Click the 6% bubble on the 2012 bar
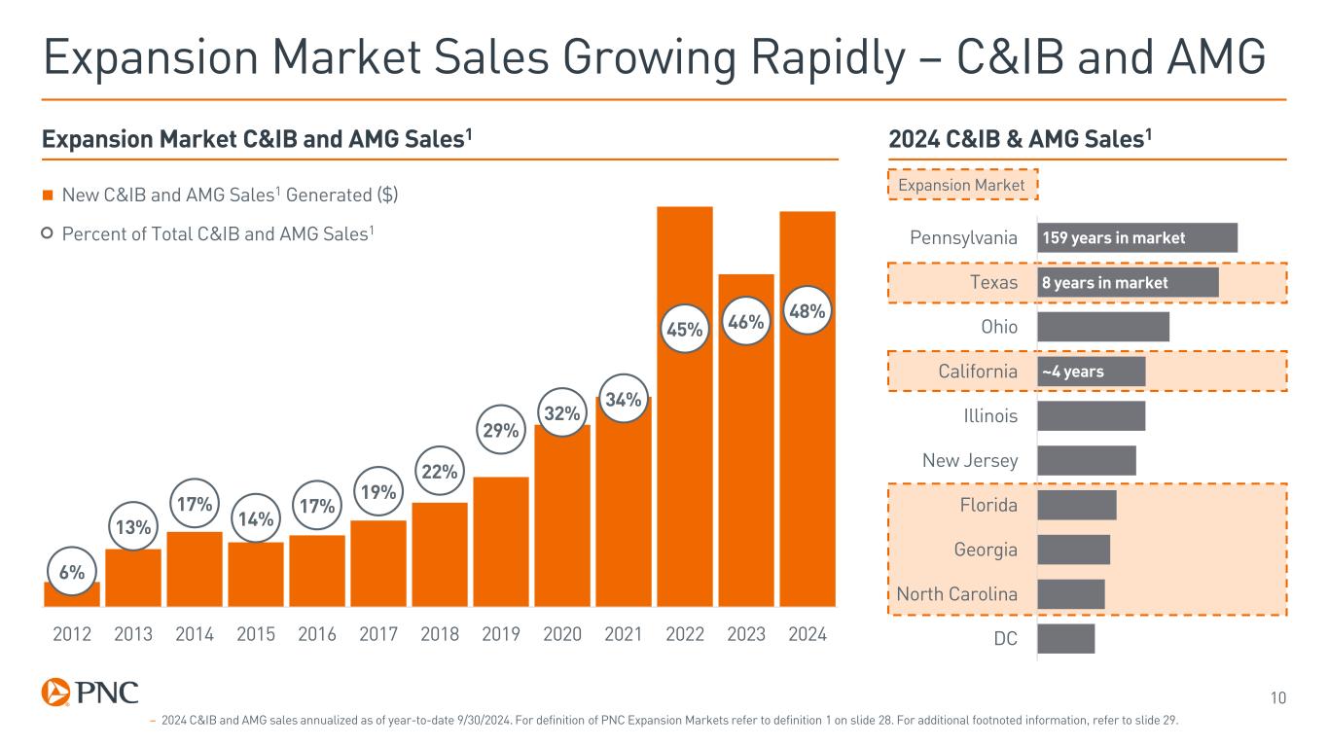coord(71,573)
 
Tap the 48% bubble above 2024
coord(808,311)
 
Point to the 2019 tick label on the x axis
coord(501,635)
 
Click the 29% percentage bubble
coord(501,430)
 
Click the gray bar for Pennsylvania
coord(1137,238)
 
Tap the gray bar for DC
coord(1066,639)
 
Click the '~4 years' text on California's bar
coord(1073,372)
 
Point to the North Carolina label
coord(956,594)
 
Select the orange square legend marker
coord(47,196)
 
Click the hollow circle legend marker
coord(47,233)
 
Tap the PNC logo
coord(90,693)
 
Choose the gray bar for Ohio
coord(1103,327)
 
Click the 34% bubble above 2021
coord(624,400)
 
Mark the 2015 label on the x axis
coord(256,635)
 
